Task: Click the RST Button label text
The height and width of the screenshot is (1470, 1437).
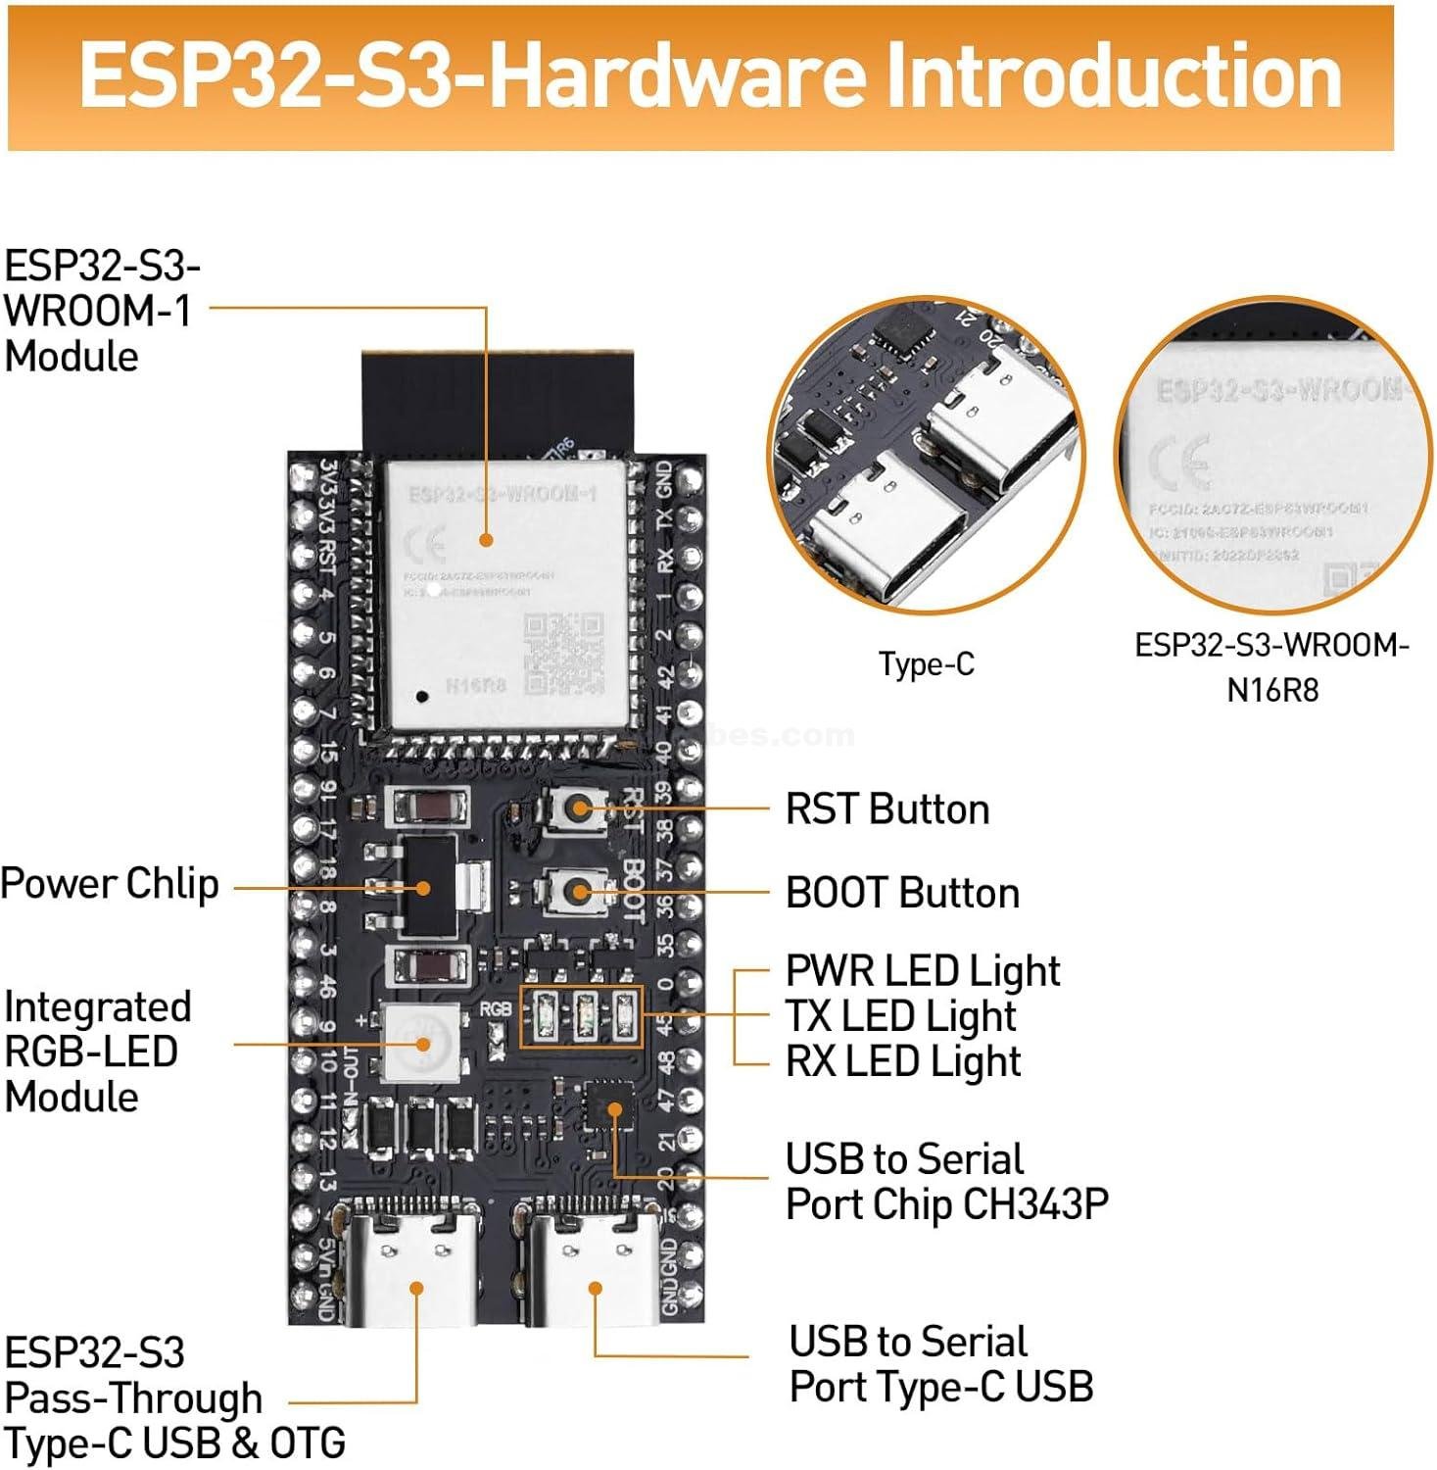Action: [x=886, y=809]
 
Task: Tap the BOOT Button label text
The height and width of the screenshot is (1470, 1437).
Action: [x=901, y=893]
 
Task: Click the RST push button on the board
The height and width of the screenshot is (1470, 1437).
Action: [x=577, y=808]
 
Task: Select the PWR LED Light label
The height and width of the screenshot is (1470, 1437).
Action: [x=922, y=970]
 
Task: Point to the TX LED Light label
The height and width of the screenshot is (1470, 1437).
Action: [x=900, y=1016]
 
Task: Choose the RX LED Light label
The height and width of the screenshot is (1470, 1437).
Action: [x=902, y=1061]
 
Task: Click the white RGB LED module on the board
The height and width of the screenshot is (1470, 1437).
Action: [x=422, y=1043]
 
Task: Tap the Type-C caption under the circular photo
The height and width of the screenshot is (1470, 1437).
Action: [x=926, y=664]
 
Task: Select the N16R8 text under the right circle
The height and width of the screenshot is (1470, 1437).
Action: [x=1271, y=690]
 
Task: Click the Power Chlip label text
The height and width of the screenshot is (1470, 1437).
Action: [x=110, y=884]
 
